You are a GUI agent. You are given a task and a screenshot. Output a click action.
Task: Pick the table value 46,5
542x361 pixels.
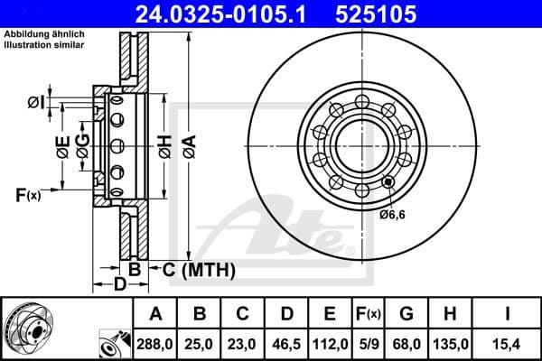[x=287, y=344]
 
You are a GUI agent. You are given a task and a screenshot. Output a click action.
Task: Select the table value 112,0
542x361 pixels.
[x=331, y=344]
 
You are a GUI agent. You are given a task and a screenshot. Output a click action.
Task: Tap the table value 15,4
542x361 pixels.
[x=507, y=344]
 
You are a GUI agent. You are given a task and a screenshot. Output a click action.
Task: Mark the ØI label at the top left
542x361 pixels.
[x=35, y=101]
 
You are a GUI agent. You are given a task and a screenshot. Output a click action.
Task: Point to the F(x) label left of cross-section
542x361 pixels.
[x=27, y=194]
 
